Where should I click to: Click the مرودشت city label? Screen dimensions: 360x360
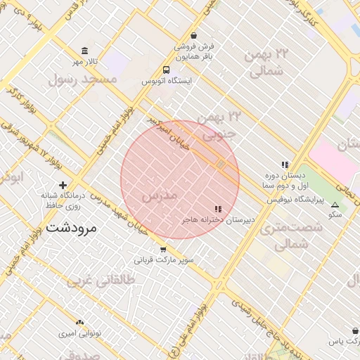[73, 229]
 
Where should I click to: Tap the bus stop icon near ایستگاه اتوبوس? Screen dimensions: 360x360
[166, 70]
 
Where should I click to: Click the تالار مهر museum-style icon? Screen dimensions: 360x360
[85, 51]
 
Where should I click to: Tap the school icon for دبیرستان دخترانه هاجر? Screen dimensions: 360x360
[218, 209]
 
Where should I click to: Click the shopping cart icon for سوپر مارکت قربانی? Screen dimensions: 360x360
[163, 249]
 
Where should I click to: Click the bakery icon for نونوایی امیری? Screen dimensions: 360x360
[79, 321]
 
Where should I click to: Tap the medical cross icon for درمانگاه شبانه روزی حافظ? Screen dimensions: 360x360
[63, 185]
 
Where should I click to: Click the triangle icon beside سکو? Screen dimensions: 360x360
[334, 205]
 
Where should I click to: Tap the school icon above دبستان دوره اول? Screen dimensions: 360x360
[285, 165]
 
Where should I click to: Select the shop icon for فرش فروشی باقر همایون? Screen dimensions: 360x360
[193, 35]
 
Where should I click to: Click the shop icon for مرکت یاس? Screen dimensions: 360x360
[354, 330]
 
